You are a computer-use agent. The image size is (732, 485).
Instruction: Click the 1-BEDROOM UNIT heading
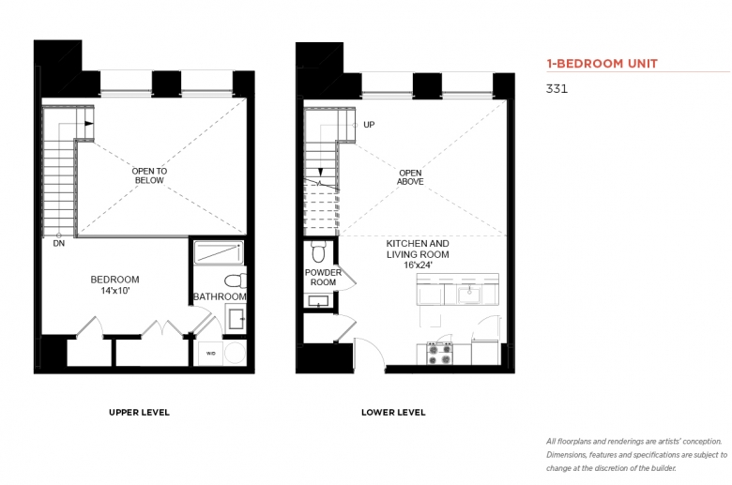602,64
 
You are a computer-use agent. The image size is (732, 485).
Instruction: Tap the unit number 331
557,89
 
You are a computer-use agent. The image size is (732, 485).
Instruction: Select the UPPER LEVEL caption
139,412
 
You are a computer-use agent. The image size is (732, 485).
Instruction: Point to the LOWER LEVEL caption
393,412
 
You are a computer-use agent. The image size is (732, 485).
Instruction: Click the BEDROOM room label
114,280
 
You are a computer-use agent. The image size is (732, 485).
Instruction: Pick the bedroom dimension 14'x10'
114,291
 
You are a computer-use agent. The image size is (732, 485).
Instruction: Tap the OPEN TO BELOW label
149,175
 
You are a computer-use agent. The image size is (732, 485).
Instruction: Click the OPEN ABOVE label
410,177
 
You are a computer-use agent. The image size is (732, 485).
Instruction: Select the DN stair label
59,244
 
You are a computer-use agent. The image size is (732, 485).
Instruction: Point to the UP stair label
369,125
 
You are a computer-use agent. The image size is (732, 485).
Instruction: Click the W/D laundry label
211,354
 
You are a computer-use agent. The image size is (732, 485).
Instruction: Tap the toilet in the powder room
318,251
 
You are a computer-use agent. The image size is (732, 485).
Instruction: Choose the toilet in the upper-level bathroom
236,281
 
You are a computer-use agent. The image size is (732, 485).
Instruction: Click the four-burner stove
440,354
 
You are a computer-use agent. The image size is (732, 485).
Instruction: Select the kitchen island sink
469,295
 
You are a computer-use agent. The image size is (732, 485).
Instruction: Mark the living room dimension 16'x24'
419,265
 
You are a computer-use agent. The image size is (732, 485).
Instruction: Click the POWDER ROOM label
323,278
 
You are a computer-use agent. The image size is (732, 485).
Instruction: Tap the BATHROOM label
220,296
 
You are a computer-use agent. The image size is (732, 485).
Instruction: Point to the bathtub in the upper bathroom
219,252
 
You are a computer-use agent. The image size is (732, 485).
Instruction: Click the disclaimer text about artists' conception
637,455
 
